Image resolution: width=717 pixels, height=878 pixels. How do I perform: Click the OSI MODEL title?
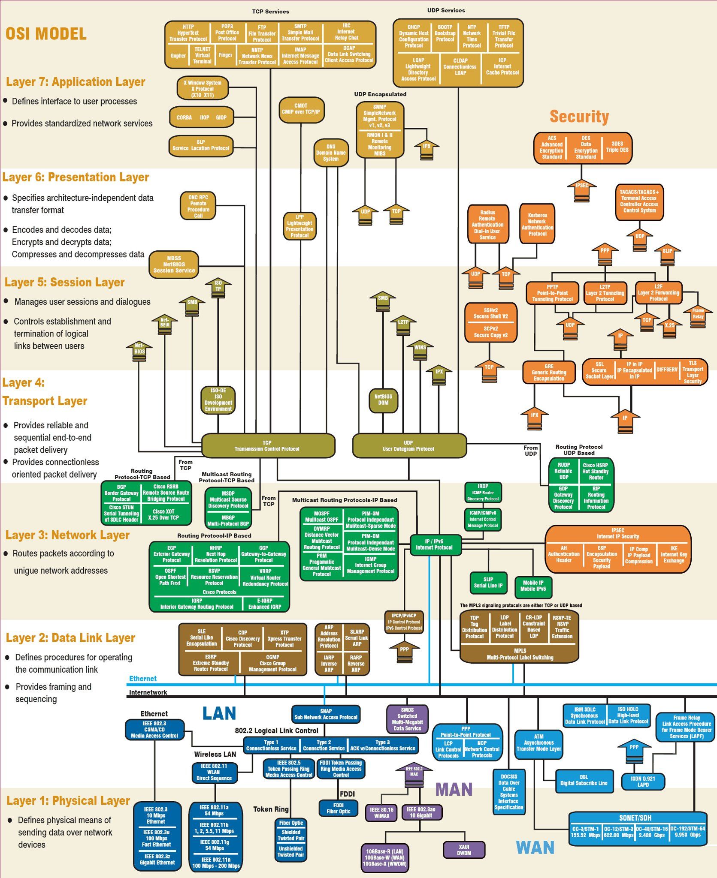46,34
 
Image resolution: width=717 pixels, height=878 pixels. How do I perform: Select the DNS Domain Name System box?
330,153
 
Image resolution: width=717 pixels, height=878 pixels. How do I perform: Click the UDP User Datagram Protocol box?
408,446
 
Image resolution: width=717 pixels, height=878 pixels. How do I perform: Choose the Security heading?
579,117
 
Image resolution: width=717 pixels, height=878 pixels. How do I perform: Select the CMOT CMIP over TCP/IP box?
301,109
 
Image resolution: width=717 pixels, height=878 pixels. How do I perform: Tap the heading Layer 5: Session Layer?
64,282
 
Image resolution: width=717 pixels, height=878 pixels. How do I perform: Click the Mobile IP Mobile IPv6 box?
533,586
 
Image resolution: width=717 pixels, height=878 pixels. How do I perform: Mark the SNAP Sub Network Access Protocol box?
326,714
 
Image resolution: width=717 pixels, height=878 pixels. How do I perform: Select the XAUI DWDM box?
464,850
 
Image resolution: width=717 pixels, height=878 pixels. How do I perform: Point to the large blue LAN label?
219,713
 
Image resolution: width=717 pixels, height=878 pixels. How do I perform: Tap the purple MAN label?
454,789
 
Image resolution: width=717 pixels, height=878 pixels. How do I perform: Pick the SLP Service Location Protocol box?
201,145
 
